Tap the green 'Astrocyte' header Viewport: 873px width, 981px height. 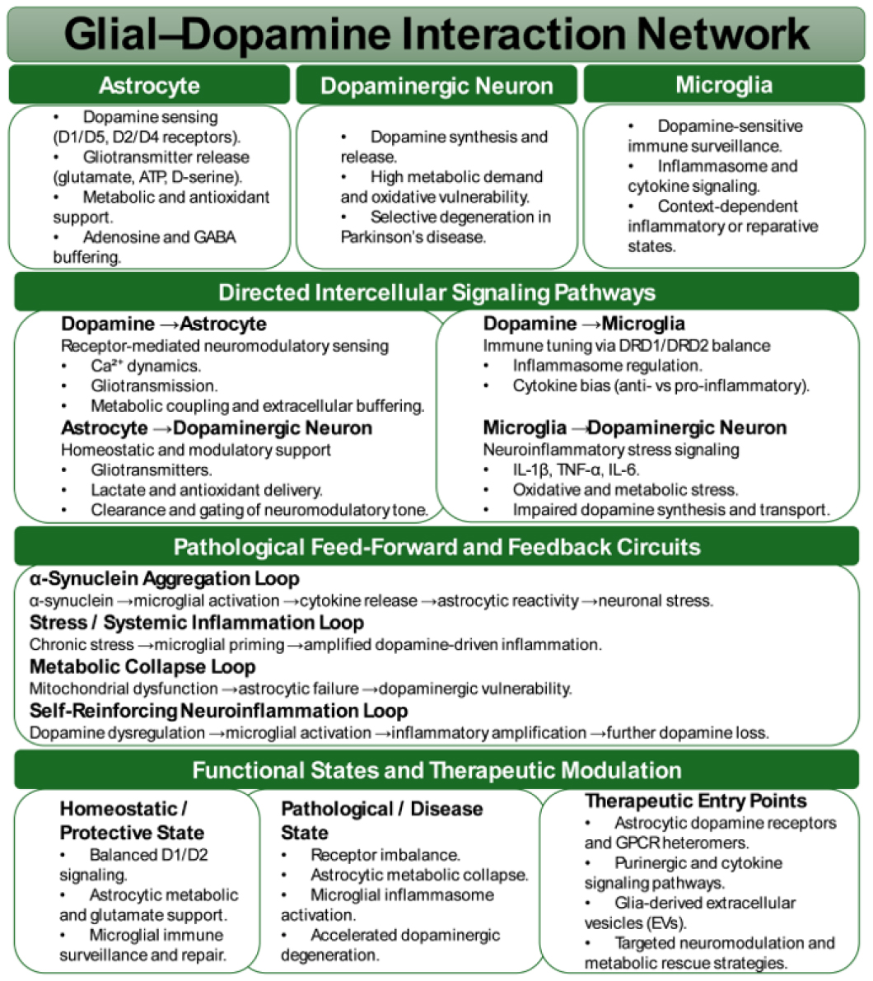149,86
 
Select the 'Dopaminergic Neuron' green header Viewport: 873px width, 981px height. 436,86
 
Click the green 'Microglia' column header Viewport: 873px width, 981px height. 724,85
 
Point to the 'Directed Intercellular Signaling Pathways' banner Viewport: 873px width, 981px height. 436,292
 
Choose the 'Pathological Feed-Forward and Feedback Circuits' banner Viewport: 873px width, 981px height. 436,547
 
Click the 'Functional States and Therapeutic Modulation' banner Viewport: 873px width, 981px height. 436,770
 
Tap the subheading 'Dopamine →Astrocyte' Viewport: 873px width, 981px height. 164,324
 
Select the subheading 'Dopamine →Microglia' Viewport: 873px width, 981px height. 584,324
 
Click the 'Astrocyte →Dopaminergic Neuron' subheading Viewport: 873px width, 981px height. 217,428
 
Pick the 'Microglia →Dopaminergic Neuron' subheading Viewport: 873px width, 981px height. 635,427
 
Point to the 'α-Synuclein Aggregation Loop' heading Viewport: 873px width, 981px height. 165,578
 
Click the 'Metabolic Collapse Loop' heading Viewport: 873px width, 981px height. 142,666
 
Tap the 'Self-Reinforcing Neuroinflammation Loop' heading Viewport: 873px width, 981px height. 218,711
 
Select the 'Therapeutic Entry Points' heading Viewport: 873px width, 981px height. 696,801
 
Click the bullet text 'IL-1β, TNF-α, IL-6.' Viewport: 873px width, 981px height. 577,470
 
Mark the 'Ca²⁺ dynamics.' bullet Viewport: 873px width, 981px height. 146,367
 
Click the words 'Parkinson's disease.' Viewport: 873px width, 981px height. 413,237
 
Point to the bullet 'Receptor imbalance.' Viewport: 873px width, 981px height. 385,855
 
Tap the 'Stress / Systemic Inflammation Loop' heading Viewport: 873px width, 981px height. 197,623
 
